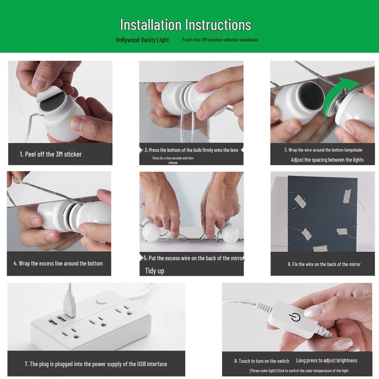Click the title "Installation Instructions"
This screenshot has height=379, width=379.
point(186,25)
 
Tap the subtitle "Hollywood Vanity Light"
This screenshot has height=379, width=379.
point(142,40)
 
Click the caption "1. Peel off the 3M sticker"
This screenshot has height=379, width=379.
point(51,154)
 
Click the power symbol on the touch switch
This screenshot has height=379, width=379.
point(295,317)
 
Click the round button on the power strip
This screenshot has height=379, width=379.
point(102,301)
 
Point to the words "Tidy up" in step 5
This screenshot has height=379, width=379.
point(154,271)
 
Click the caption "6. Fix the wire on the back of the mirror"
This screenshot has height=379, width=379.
point(324,264)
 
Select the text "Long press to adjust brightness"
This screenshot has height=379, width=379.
point(326,360)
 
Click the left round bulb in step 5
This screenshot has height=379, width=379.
point(151,232)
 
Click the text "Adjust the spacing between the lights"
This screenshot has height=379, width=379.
point(327,160)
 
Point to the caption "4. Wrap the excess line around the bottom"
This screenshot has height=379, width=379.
point(58,264)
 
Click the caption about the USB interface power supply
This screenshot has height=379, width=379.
point(96,364)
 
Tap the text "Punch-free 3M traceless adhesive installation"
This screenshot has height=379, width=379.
point(220,40)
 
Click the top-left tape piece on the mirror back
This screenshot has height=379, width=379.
point(300,201)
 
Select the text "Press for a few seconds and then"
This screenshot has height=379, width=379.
point(173,158)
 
